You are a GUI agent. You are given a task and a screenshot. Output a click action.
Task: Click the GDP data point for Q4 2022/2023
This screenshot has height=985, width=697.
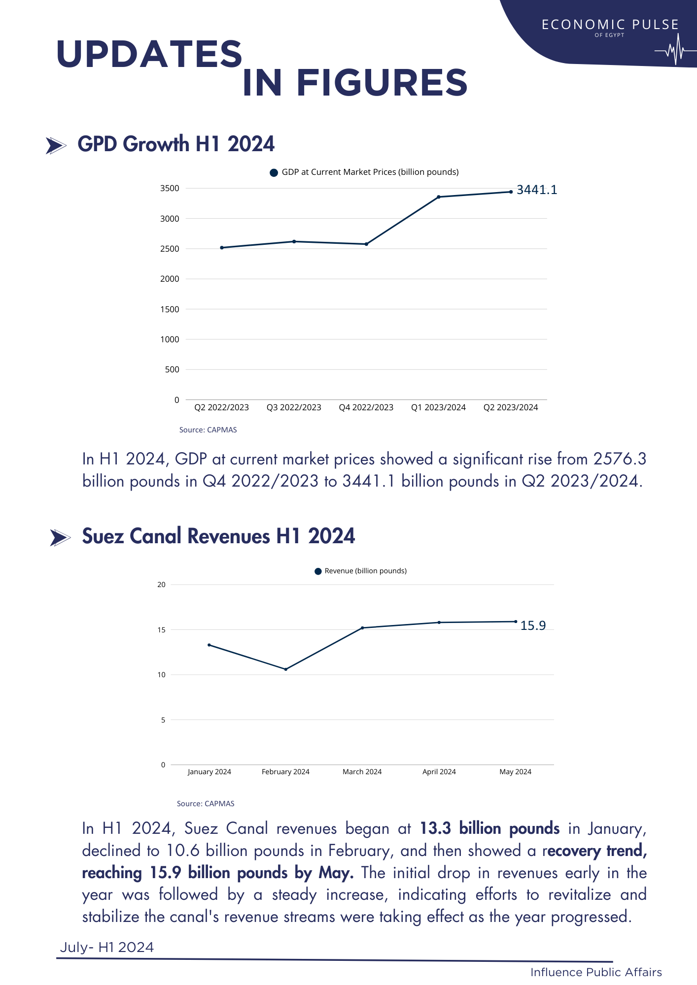pyautogui.click(x=366, y=244)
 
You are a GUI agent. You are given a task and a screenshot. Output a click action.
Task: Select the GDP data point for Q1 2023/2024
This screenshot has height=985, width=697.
pyautogui.click(x=439, y=197)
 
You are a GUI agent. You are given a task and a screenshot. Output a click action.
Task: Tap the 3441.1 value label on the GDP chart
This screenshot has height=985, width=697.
pyautogui.click(x=537, y=190)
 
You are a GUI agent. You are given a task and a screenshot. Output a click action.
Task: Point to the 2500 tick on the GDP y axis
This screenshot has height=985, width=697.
pyautogui.click(x=170, y=249)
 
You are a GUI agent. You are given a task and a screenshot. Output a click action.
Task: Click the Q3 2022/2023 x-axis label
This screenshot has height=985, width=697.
pyautogui.click(x=294, y=407)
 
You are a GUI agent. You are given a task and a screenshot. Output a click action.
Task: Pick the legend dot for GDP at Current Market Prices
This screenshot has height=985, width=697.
pyautogui.click(x=274, y=172)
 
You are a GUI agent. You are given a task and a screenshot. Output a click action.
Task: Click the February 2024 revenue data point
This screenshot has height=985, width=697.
pyautogui.click(x=286, y=669)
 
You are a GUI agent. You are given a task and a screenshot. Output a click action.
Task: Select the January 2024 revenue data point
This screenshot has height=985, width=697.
pyautogui.click(x=209, y=645)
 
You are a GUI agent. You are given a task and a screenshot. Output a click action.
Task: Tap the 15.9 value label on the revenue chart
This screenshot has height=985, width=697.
pyautogui.click(x=533, y=626)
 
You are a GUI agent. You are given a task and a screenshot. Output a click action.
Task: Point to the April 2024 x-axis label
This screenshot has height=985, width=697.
pyautogui.click(x=439, y=772)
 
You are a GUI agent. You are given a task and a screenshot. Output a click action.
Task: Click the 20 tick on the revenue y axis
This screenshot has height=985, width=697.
pyautogui.click(x=161, y=585)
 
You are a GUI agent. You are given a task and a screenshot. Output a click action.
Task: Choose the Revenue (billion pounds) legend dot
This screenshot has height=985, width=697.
pyautogui.click(x=318, y=571)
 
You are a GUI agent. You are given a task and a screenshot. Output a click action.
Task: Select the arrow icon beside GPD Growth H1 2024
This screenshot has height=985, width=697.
pyautogui.click(x=56, y=146)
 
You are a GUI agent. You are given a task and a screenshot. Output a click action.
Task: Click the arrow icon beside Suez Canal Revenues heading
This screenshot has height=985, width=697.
pyautogui.click(x=60, y=538)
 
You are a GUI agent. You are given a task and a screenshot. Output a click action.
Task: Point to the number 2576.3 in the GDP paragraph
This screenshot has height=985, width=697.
pyautogui.click(x=620, y=459)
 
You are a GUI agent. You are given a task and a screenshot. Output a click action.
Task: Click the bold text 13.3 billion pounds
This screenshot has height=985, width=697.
pyautogui.click(x=489, y=829)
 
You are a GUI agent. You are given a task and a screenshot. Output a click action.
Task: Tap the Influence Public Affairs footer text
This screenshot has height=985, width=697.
pyautogui.click(x=596, y=972)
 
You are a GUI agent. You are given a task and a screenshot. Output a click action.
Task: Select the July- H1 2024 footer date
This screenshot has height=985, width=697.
pyautogui.click(x=107, y=948)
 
